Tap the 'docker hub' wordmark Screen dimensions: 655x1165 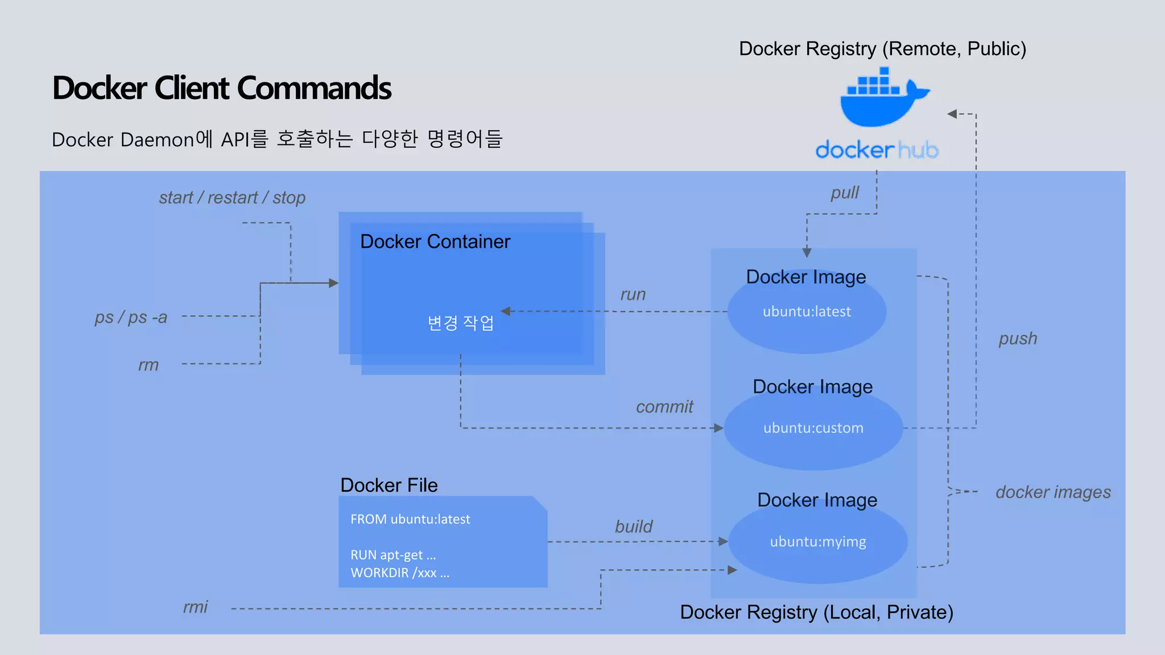coord(877,150)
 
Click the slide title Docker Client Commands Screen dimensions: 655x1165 coord(222,88)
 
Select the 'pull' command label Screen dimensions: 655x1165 coord(845,193)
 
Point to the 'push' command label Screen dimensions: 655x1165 coord(1018,339)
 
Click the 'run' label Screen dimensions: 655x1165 coord(633,295)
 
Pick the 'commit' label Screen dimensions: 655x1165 coord(664,407)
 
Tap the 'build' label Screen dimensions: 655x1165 coord(634,527)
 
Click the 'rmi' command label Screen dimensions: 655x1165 coord(195,607)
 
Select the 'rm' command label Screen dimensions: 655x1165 coord(148,365)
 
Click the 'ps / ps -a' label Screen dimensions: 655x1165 coord(131,317)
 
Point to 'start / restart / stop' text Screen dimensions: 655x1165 coord(232,198)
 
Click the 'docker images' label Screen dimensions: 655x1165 coord(1053,492)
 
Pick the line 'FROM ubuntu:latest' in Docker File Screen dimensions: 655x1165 coord(410,519)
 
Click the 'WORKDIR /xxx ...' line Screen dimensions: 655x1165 coord(400,573)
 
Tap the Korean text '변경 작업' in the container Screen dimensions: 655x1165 coord(461,323)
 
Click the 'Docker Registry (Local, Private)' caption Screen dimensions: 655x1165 coord(816,612)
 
